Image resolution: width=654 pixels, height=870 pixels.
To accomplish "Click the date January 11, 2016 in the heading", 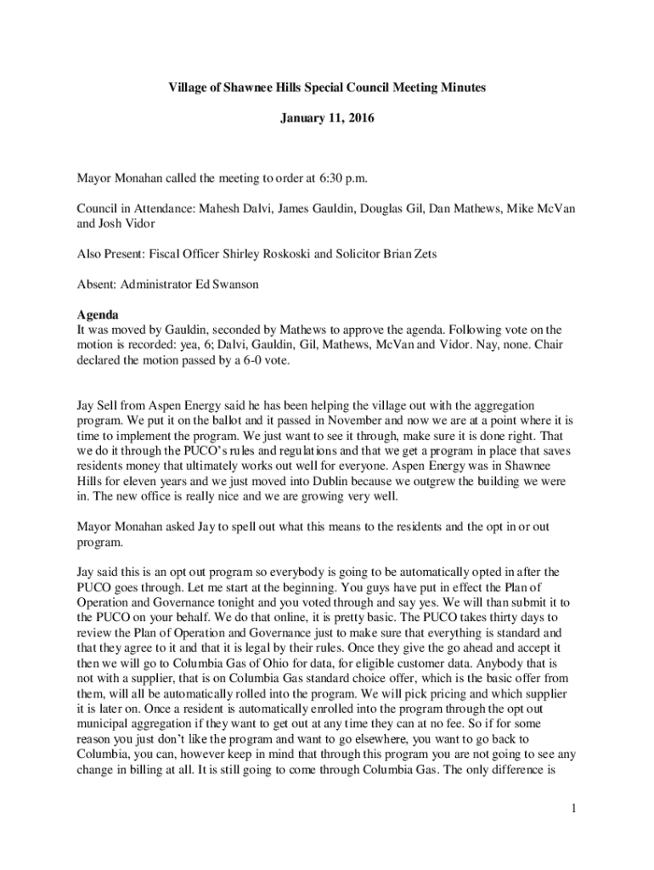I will pos(327,121).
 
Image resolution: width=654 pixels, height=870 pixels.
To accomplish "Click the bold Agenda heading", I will pos(98,314).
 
